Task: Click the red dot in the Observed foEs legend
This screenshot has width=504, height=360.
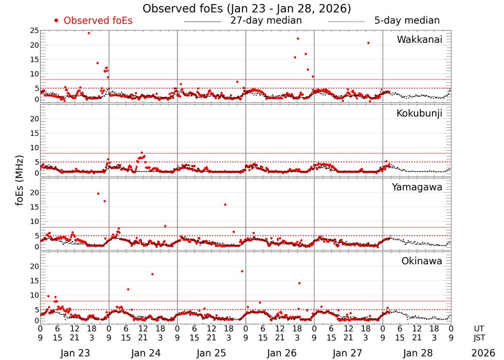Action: [x=56, y=21]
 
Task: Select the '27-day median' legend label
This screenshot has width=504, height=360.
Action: [x=266, y=21]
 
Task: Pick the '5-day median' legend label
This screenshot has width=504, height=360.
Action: [x=407, y=21]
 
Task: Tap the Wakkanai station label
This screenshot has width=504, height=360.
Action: [x=419, y=40]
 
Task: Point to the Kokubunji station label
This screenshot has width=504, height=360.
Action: [x=419, y=113]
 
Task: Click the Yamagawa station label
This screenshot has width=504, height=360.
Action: [x=417, y=187]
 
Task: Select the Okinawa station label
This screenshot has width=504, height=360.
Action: [x=422, y=261]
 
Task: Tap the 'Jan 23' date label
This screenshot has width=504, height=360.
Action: [x=74, y=353]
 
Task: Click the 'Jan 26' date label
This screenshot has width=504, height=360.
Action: [x=280, y=353]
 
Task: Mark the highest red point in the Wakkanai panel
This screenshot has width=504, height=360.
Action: [x=89, y=33]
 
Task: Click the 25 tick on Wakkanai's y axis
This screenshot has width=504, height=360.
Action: [x=35, y=31]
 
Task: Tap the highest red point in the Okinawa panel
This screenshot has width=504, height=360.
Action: [x=242, y=271]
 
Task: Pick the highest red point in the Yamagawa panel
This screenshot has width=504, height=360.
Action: [x=98, y=194]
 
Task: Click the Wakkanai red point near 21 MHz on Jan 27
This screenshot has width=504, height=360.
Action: [x=368, y=43]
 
